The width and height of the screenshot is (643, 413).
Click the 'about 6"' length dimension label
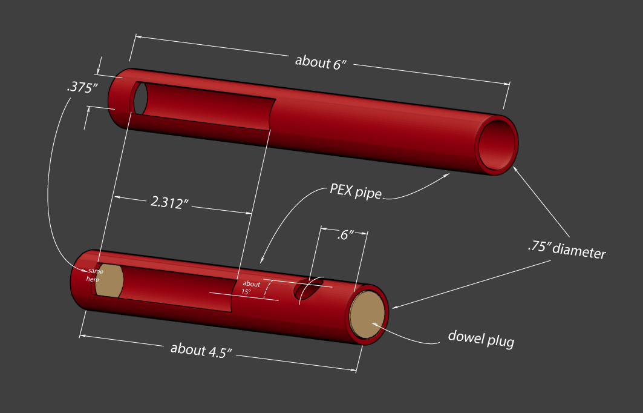click(320, 62)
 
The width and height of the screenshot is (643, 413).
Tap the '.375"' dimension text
click(82, 88)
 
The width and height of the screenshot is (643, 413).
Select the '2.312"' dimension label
click(171, 202)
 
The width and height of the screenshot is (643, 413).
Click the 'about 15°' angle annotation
click(250, 288)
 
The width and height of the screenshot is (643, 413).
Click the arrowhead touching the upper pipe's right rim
click(515, 170)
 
